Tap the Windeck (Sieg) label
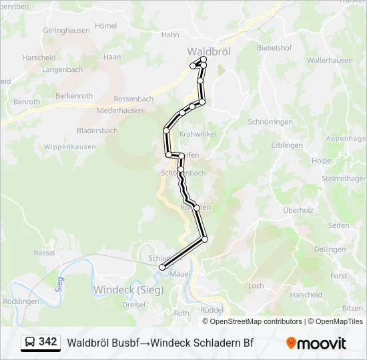[127, 289]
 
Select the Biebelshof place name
[275, 47]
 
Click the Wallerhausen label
[330, 60]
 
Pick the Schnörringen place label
[270, 122]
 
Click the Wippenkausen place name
[69, 147]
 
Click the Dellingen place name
[330, 249]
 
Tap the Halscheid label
[306, 295]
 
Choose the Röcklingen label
[21, 301]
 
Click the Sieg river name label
[60, 282]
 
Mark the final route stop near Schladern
[162, 267]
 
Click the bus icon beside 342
[30, 342]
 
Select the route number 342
[47, 342]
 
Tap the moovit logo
[316, 343]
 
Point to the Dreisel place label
[133, 304]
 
